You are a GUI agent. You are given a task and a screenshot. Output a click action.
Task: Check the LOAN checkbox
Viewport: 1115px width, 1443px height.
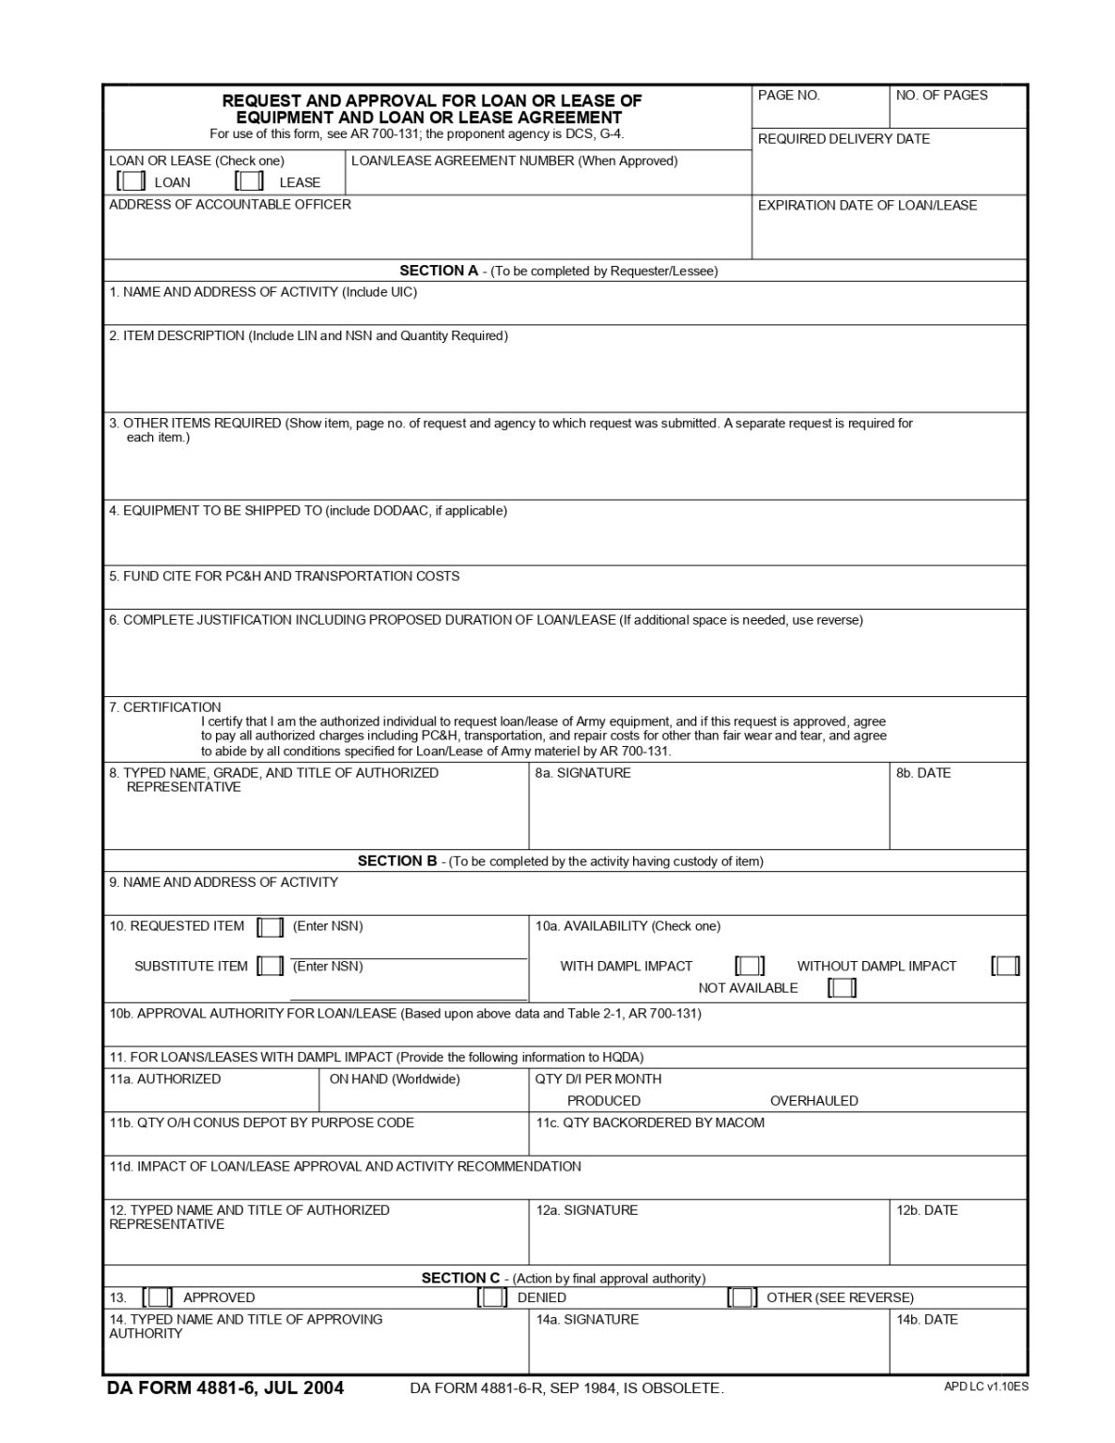pos(132,181)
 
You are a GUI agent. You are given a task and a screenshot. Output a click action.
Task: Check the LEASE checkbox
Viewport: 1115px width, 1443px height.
pos(250,181)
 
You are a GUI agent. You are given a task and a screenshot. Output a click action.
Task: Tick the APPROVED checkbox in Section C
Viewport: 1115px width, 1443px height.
pos(158,1297)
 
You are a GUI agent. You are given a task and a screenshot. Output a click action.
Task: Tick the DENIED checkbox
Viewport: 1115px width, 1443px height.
pos(492,1297)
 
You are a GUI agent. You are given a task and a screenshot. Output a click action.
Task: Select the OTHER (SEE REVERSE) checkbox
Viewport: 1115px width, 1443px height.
pos(742,1297)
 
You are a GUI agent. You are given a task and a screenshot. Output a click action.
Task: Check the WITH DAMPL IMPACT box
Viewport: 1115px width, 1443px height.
pos(750,966)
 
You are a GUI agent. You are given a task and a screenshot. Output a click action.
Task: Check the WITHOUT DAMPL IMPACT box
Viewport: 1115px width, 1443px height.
pos(1005,966)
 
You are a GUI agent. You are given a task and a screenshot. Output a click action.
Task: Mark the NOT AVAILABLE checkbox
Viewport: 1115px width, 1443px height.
pos(842,987)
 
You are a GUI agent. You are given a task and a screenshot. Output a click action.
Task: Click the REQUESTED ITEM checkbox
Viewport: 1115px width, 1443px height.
pos(271,927)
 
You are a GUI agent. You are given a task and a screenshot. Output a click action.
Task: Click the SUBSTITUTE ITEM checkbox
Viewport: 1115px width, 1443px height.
pos(271,966)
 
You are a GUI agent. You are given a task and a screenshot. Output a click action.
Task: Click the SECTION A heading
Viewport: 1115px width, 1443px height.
pos(439,271)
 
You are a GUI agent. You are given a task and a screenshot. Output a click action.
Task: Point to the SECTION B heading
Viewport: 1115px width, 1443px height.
pos(397,861)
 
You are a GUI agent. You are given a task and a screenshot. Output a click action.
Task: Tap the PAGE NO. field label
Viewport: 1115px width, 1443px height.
pos(789,95)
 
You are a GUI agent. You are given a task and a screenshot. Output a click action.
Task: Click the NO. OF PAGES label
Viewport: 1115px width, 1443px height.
pos(941,95)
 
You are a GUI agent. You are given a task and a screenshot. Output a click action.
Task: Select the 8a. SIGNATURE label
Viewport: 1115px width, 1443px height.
pos(582,773)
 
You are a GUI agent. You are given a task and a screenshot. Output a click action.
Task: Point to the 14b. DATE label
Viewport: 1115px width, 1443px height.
pos(926,1320)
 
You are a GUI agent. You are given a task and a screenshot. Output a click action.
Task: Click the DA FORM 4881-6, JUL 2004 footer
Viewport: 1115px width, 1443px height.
pos(225,1388)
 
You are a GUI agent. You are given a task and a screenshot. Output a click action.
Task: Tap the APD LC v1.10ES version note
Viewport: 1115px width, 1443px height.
pos(985,1386)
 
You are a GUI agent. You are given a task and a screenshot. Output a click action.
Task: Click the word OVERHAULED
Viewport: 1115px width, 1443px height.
pos(813,1101)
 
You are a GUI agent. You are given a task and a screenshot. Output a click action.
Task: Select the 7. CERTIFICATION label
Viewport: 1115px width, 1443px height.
pos(165,707)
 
